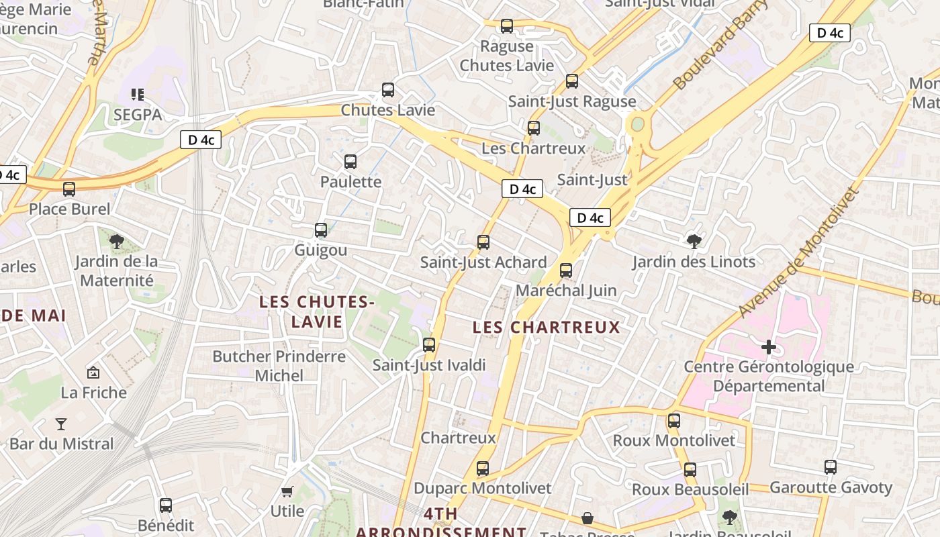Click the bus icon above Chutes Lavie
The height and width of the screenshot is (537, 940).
[x=388, y=90]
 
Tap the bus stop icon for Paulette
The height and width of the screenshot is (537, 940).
[x=350, y=162]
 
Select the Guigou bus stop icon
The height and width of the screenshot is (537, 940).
[x=321, y=230]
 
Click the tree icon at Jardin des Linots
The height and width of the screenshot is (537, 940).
[x=694, y=241]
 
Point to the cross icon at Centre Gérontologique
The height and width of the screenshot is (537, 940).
[x=769, y=347]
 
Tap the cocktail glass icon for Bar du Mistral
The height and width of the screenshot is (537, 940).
[x=61, y=424]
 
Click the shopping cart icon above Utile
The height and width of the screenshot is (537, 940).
[x=287, y=491]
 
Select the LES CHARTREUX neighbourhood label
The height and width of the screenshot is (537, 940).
[x=546, y=328]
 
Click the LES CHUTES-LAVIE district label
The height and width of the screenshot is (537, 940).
[x=317, y=312]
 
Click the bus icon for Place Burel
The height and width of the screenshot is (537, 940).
[x=69, y=189]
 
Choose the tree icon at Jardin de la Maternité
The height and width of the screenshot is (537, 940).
[x=117, y=241]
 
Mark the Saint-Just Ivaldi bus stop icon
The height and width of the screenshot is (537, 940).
[x=429, y=345]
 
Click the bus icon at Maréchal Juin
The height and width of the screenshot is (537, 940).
[x=566, y=271]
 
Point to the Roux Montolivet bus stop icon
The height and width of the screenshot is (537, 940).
[x=674, y=421]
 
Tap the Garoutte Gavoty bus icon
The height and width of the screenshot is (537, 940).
[x=831, y=467]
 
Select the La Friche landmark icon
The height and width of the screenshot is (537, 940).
[x=93, y=372]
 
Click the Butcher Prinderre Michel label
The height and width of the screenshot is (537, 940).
[x=279, y=366]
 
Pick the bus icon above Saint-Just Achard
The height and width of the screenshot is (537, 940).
[x=483, y=242]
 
